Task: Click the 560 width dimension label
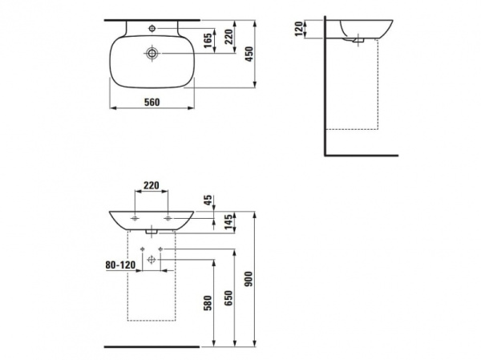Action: (x=152, y=102)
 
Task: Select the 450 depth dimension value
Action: (x=249, y=54)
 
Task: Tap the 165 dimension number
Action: (x=208, y=41)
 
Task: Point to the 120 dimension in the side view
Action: (x=299, y=29)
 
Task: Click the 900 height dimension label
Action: (x=249, y=279)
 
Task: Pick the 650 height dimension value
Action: (x=228, y=298)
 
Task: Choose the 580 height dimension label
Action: (x=208, y=303)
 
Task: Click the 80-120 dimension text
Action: (x=120, y=265)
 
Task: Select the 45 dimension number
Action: (x=208, y=200)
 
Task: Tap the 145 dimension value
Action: (x=228, y=222)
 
